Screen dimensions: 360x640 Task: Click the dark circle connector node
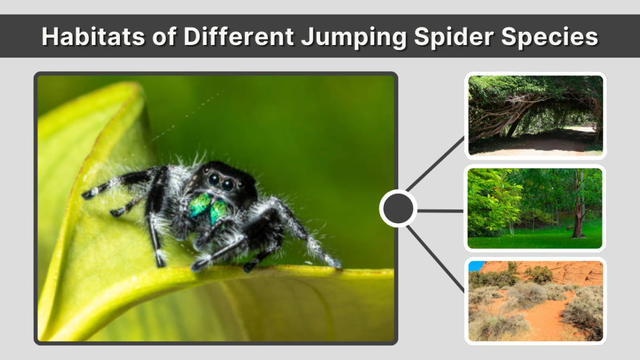[398, 209]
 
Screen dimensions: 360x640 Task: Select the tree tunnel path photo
[536, 115]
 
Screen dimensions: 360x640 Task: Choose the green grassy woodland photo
[536, 208]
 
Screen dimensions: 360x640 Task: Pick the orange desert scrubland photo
[536, 301]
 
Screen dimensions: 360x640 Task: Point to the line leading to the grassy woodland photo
[441, 211]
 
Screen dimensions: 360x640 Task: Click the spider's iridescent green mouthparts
[209, 207]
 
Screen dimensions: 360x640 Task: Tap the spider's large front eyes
[220, 182]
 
